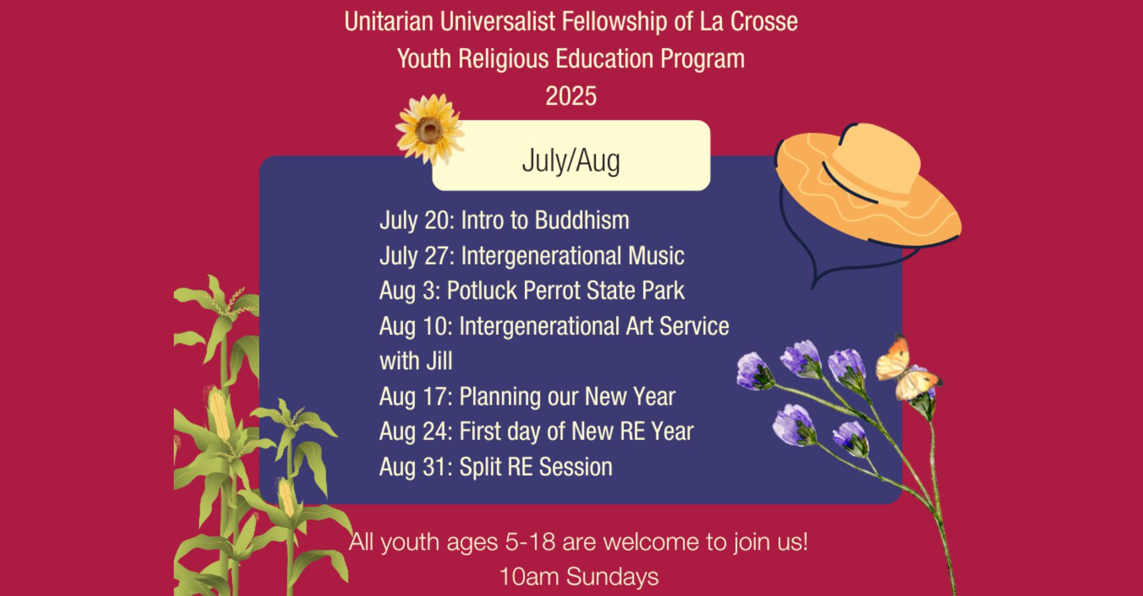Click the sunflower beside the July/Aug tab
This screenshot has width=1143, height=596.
[429, 129]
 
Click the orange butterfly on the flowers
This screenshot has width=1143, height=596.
[906, 369]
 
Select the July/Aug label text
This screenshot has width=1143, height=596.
[571, 162]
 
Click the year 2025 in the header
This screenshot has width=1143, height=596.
[571, 96]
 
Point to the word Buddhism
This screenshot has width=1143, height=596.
[582, 221]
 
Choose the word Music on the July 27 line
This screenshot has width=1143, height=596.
[656, 256]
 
